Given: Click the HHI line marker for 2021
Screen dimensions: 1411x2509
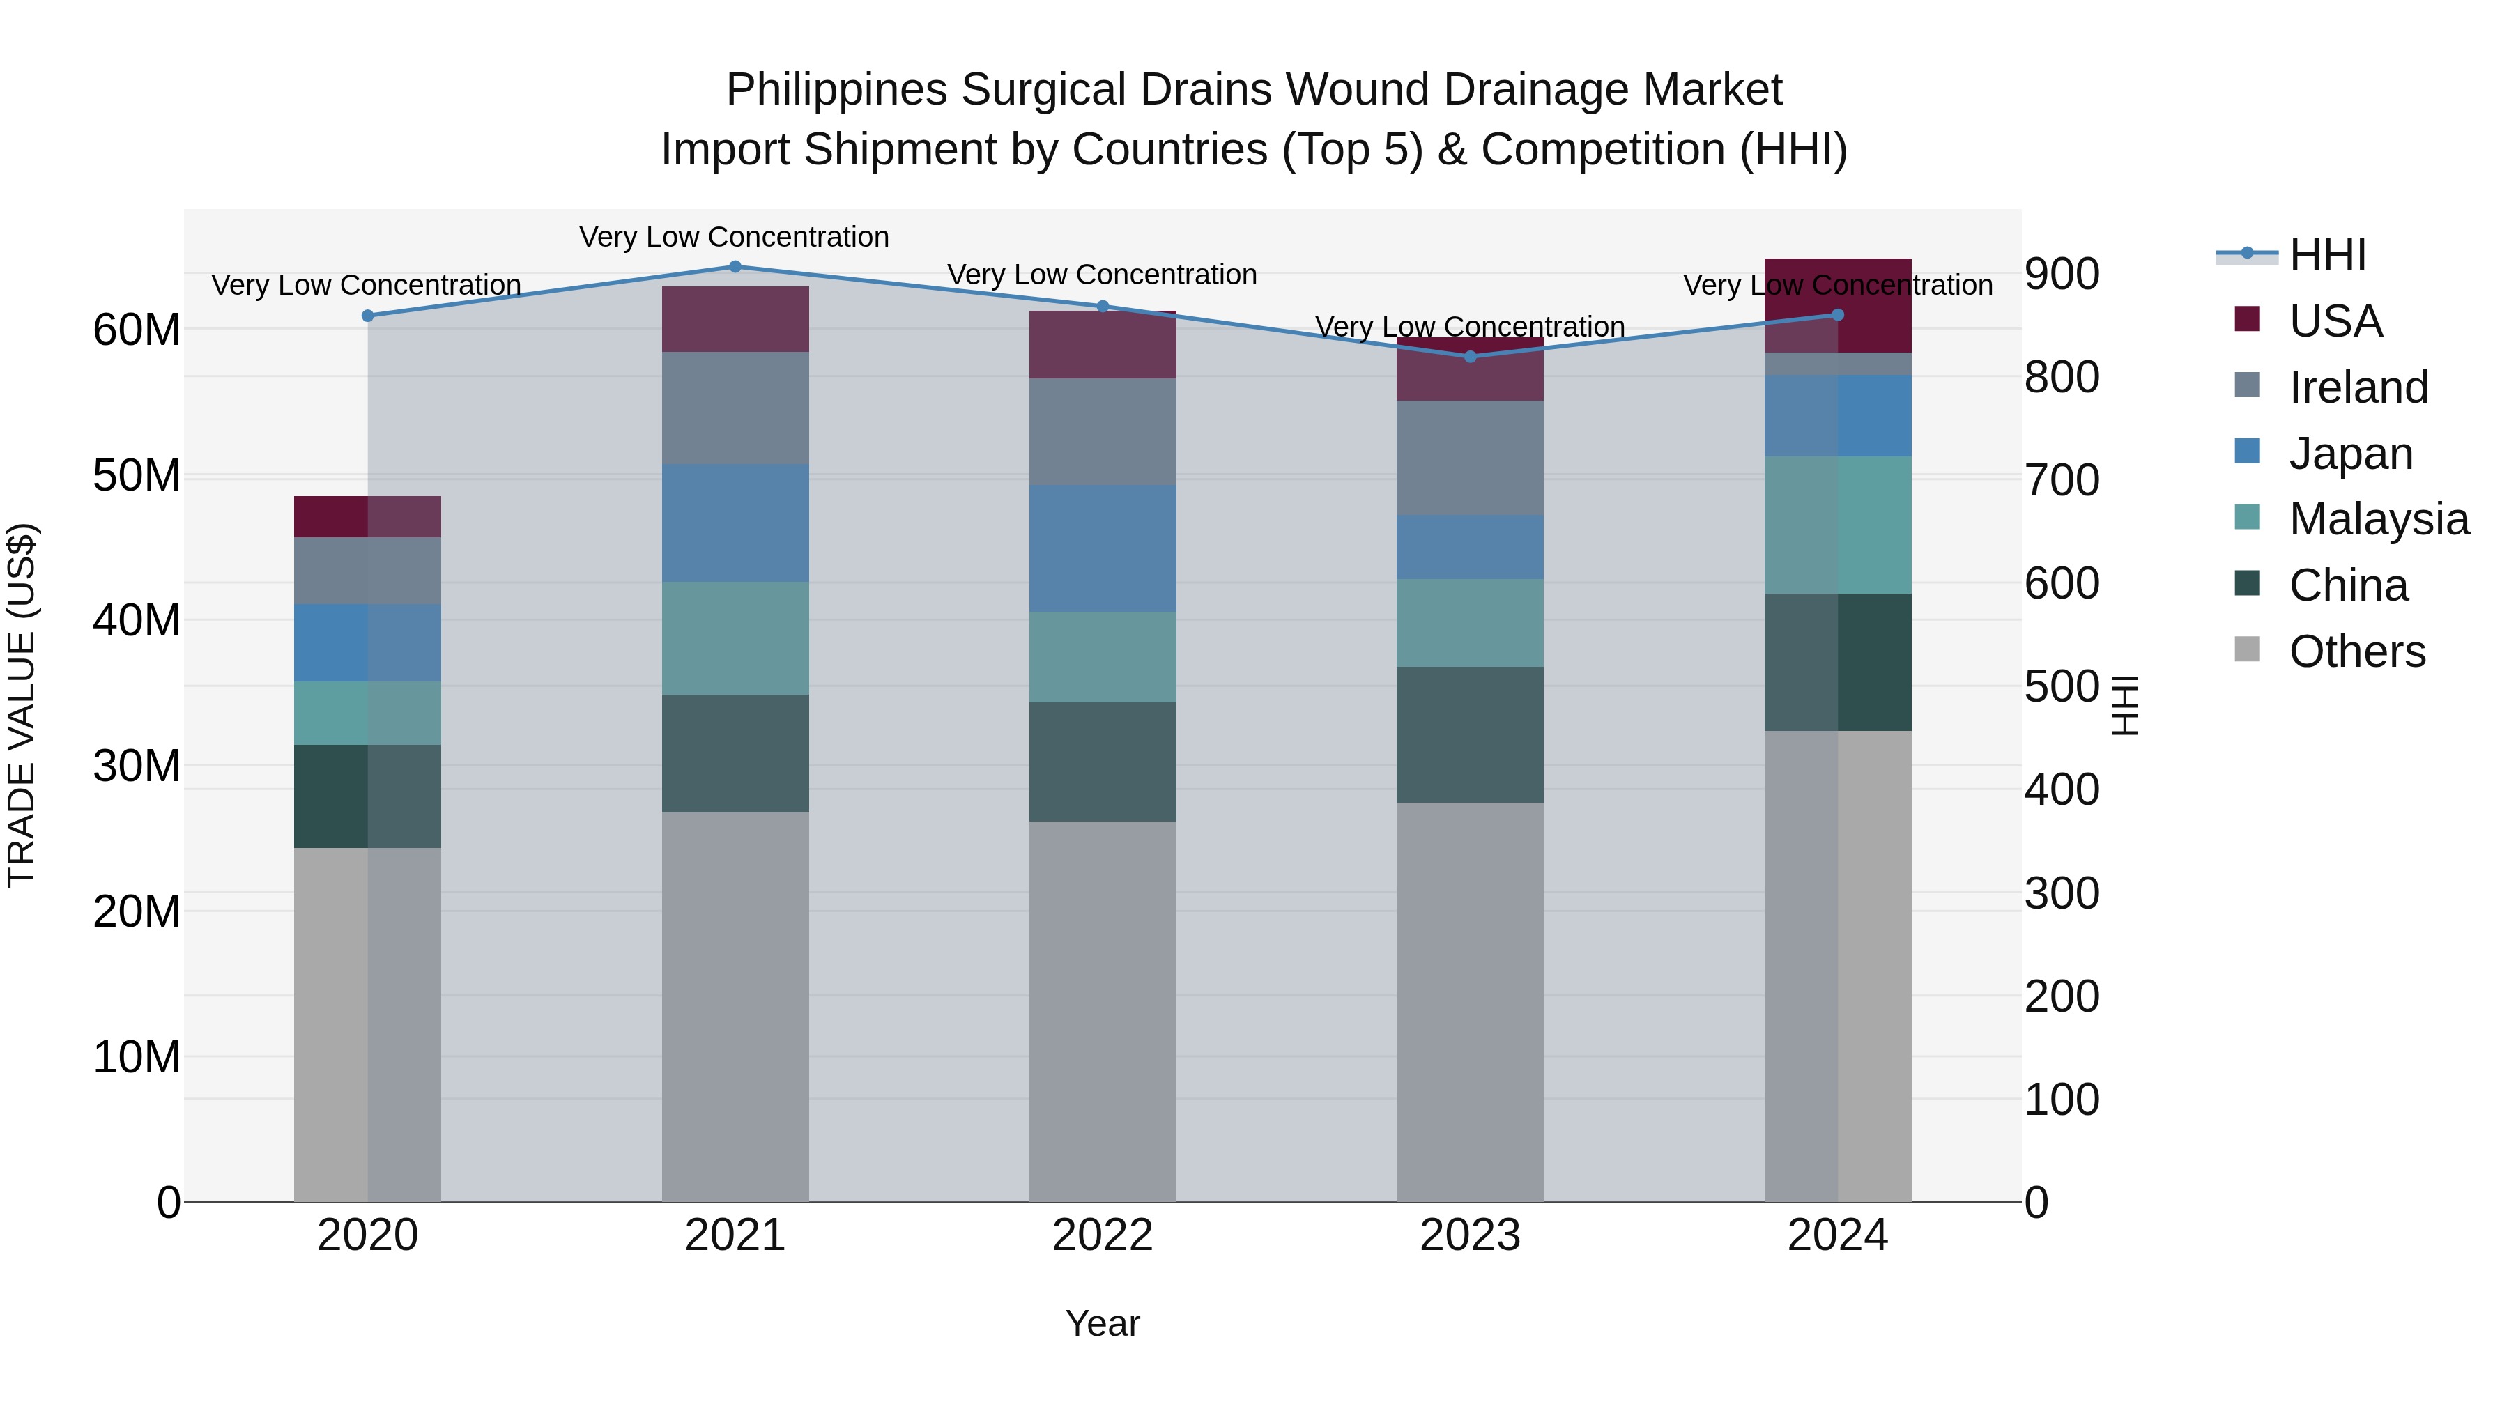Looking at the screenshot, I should [735, 267].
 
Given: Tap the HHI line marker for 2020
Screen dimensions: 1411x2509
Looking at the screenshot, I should [367, 316].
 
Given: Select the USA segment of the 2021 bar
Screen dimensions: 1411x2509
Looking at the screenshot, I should [735, 319].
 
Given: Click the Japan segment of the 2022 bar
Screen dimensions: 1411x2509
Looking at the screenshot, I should [1103, 549].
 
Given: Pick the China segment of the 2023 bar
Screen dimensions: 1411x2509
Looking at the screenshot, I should [1471, 735].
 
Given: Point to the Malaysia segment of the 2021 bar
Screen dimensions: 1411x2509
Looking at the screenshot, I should [735, 639].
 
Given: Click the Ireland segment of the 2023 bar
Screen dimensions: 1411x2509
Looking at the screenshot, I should [1471, 458].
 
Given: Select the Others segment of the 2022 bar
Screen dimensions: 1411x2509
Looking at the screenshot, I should [1103, 1012].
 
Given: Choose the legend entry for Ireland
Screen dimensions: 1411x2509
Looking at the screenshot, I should [2358, 387].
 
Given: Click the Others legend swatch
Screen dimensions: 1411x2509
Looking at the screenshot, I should [2247, 649].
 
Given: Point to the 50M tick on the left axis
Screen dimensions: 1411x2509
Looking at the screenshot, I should [137, 476].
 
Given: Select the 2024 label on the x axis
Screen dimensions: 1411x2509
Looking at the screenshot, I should [1838, 1235].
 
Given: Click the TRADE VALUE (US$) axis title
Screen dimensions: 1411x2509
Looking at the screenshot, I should [22, 705].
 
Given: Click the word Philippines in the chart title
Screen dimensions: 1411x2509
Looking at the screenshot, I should [836, 91].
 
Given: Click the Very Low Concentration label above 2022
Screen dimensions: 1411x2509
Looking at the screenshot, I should [1103, 275].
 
